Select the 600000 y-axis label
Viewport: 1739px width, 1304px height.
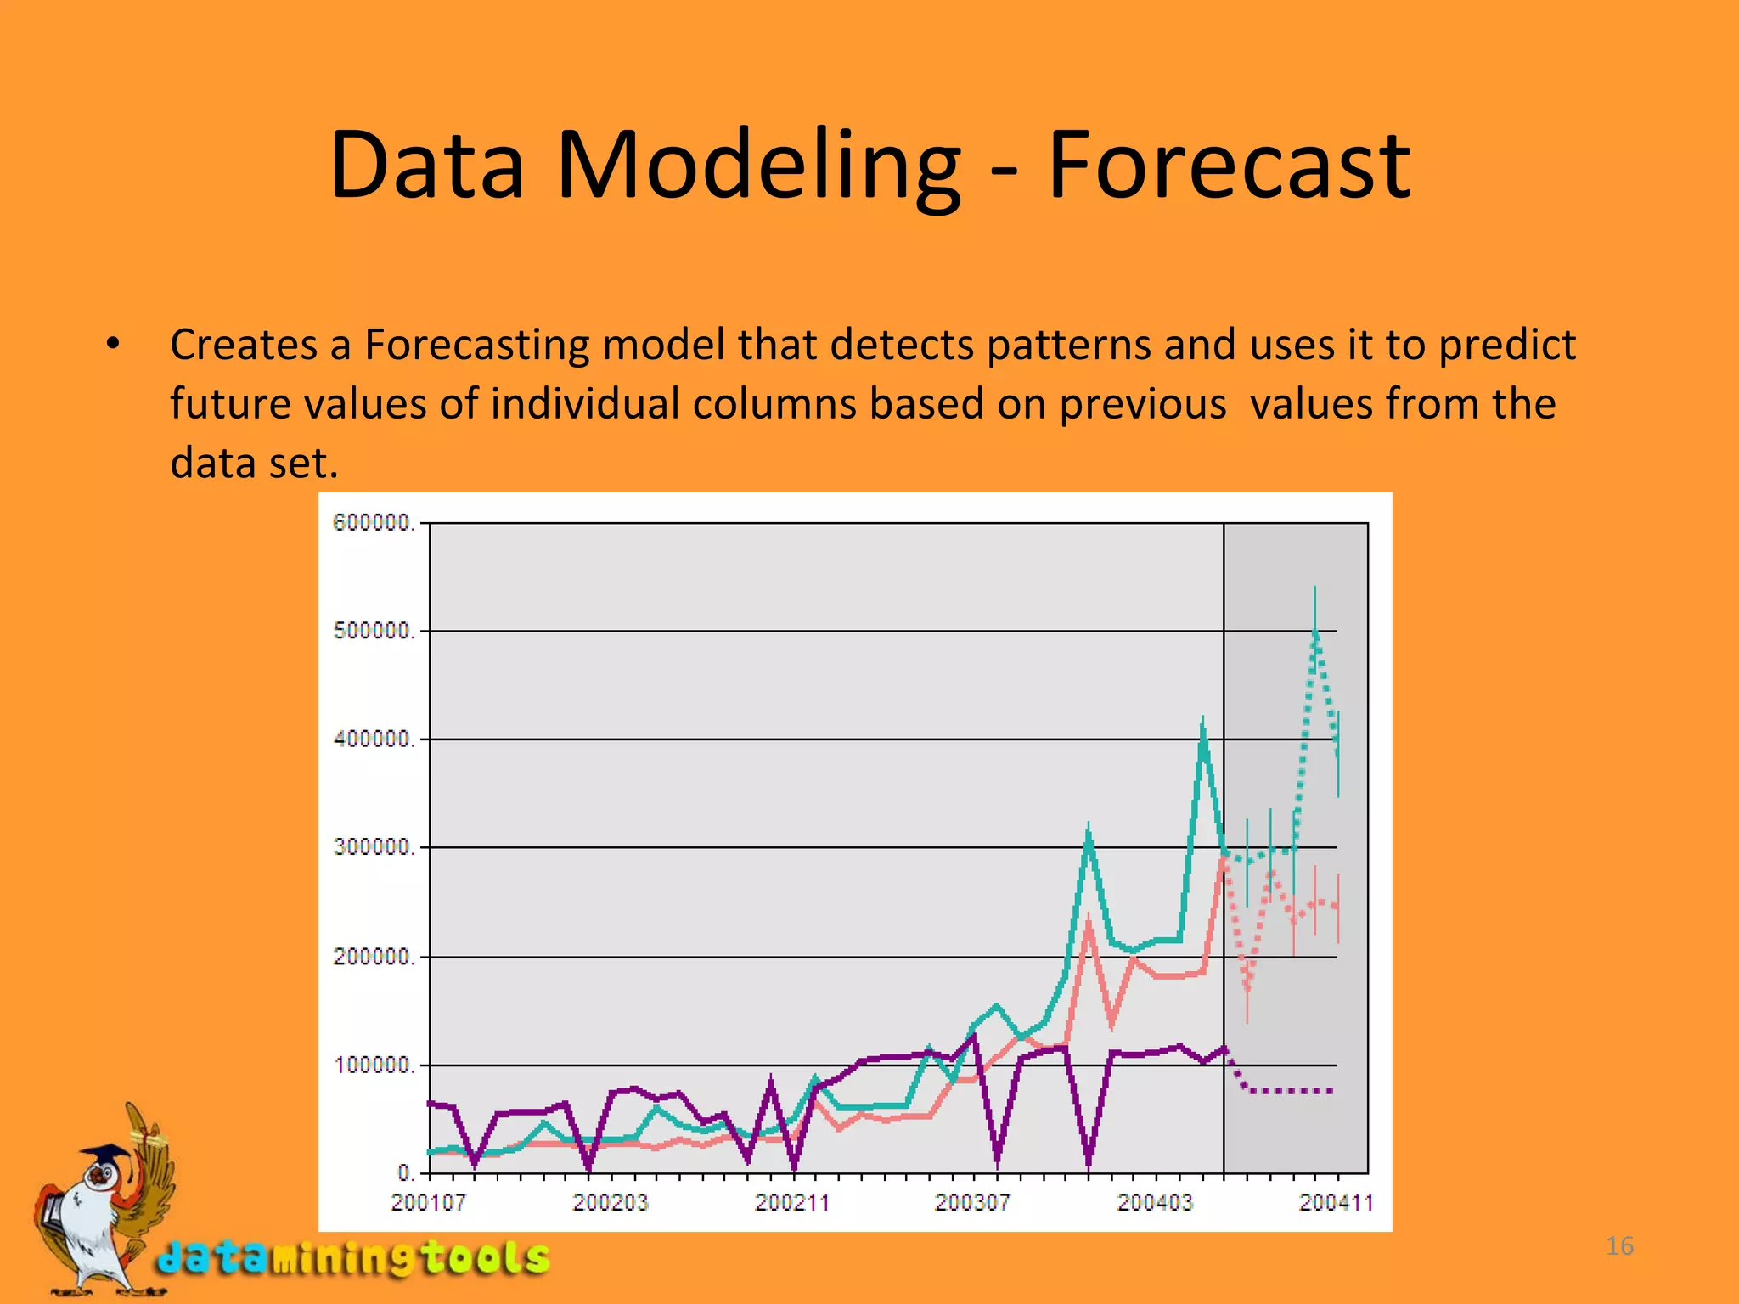tap(373, 523)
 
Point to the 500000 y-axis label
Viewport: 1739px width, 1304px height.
tap(373, 631)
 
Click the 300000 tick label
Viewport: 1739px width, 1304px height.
tap(373, 847)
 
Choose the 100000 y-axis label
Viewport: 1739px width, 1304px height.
tap(373, 1065)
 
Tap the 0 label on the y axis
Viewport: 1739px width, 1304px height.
tap(406, 1172)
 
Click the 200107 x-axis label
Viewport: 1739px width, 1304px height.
tap(428, 1202)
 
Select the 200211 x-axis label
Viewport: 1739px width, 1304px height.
tap(792, 1202)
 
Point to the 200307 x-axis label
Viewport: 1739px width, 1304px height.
tap(972, 1202)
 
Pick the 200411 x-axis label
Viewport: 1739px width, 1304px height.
tap(1336, 1202)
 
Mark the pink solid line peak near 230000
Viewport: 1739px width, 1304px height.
tap(1089, 922)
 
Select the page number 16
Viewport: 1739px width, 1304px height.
tap(1619, 1246)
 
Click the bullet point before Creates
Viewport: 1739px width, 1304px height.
tap(113, 344)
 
